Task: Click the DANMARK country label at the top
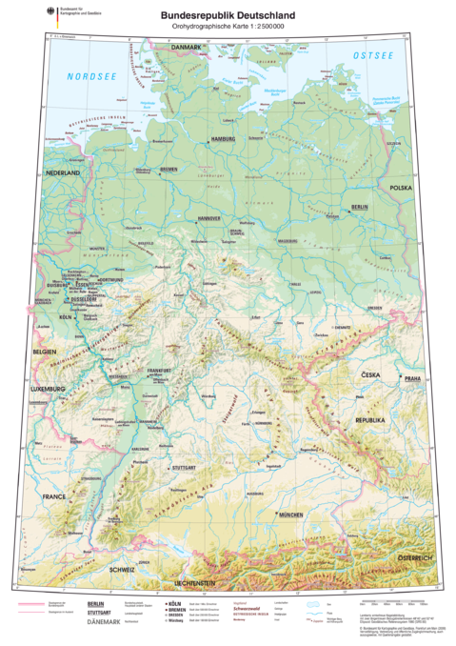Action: (187, 47)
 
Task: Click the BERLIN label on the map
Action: (360, 207)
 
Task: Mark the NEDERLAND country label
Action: (61, 173)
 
